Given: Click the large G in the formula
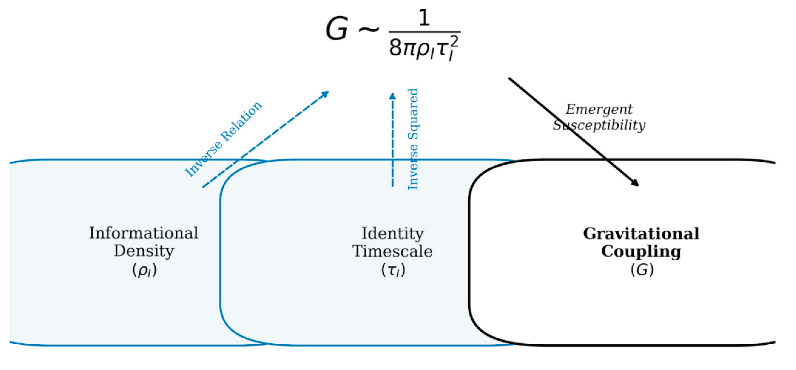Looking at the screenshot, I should point(337,29).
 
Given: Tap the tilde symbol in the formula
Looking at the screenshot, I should point(368,29).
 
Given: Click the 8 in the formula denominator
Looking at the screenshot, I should point(396,49).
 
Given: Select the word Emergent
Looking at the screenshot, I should point(599,109).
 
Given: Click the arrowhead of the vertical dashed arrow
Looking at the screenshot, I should point(392,96).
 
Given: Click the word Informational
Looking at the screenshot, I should point(144,233).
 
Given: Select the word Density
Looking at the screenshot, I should point(144,251).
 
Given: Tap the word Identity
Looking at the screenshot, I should point(393,234).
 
